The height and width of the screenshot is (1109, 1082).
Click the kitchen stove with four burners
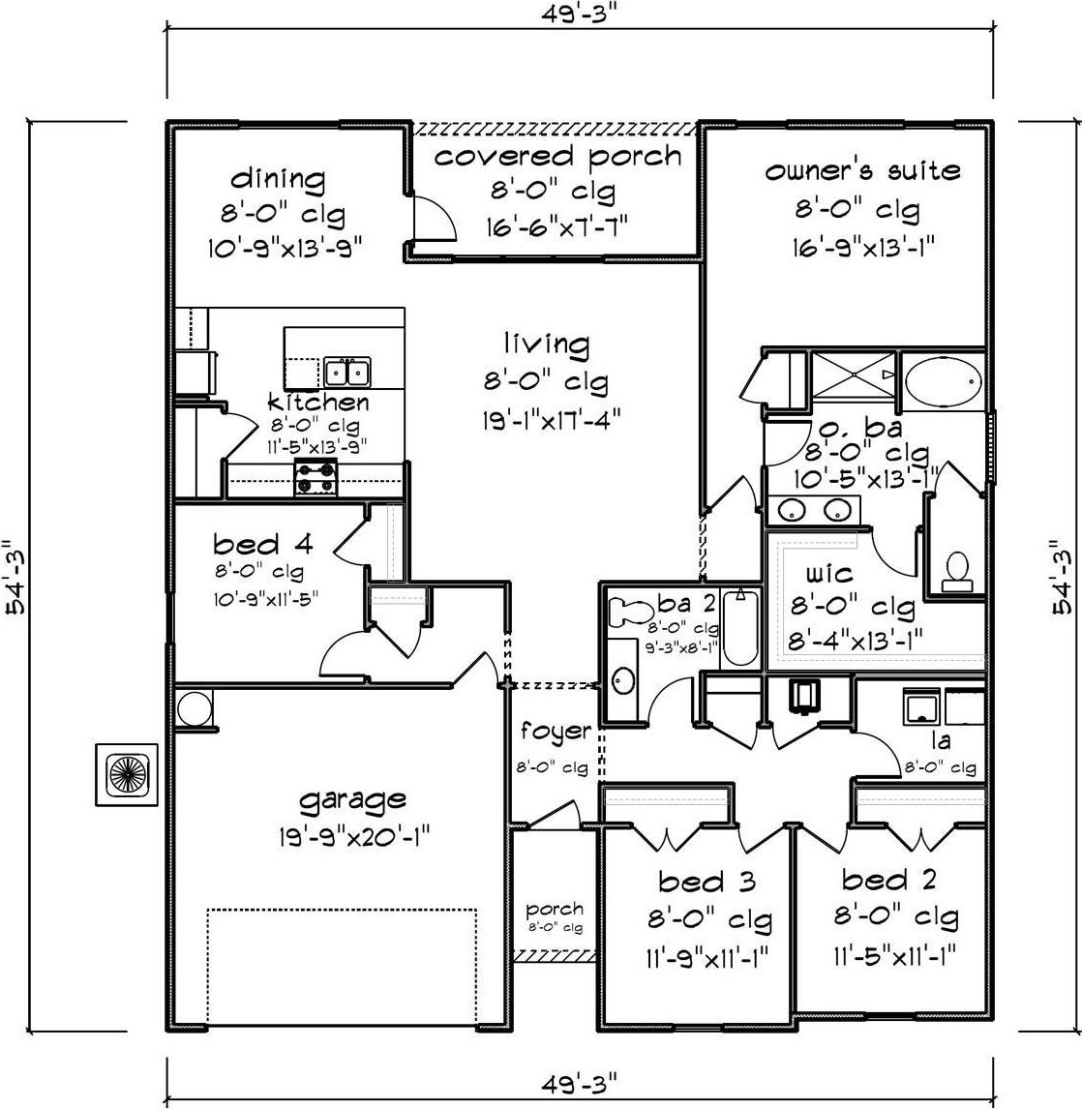click(x=316, y=477)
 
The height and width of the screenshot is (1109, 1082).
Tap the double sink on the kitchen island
click(x=347, y=372)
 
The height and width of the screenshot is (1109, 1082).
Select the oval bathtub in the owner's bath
click(x=945, y=382)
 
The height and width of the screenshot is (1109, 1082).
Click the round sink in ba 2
click(x=623, y=680)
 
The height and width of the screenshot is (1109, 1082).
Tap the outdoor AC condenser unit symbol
click(x=127, y=774)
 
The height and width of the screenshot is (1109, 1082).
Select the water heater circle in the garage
click(x=194, y=708)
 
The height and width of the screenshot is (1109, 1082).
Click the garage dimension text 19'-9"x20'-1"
click(x=355, y=837)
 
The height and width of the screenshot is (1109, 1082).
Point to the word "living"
click(x=547, y=344)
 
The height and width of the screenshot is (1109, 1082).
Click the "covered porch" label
click(x=558, y=157)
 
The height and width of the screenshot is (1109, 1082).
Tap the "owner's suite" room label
click(x=862, y=170)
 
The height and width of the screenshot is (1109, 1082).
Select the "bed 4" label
click(x=262, y=545)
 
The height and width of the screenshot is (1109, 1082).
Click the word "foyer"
click(x=556, y=732)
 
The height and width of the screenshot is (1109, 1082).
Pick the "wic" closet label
click(x=828, y=574)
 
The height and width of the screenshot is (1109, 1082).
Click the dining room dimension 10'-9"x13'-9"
click(x=285, y=249)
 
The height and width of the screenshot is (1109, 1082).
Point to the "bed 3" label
click(x=706, y=882)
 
